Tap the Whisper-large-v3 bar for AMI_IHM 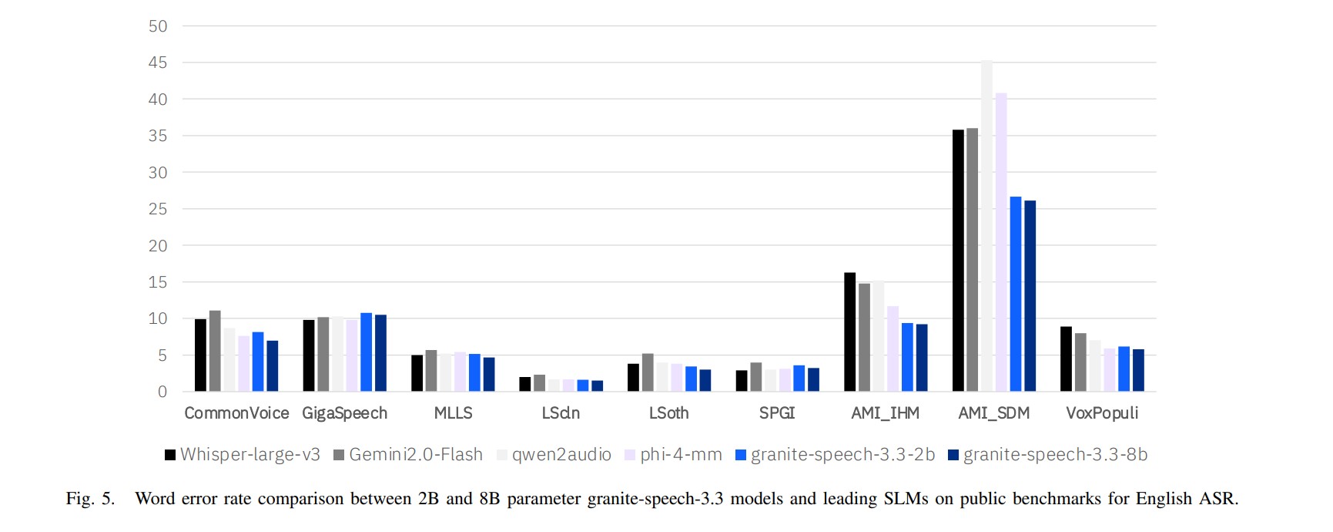point(850,332)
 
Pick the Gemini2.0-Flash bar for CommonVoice point(215,352)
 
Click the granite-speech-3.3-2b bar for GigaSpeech point(367,352)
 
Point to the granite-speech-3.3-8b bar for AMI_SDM point(1030,296)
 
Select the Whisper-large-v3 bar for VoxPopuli point(1067,359)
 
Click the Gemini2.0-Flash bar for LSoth point(648,372)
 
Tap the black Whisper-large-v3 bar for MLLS point(417,373)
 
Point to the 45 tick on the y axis point(158,62)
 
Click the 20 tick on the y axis point(158,246)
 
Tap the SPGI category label point(777,413)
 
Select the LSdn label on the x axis point(561,413)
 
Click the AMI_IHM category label point(886,413)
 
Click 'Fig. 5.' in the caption point(90,499)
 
